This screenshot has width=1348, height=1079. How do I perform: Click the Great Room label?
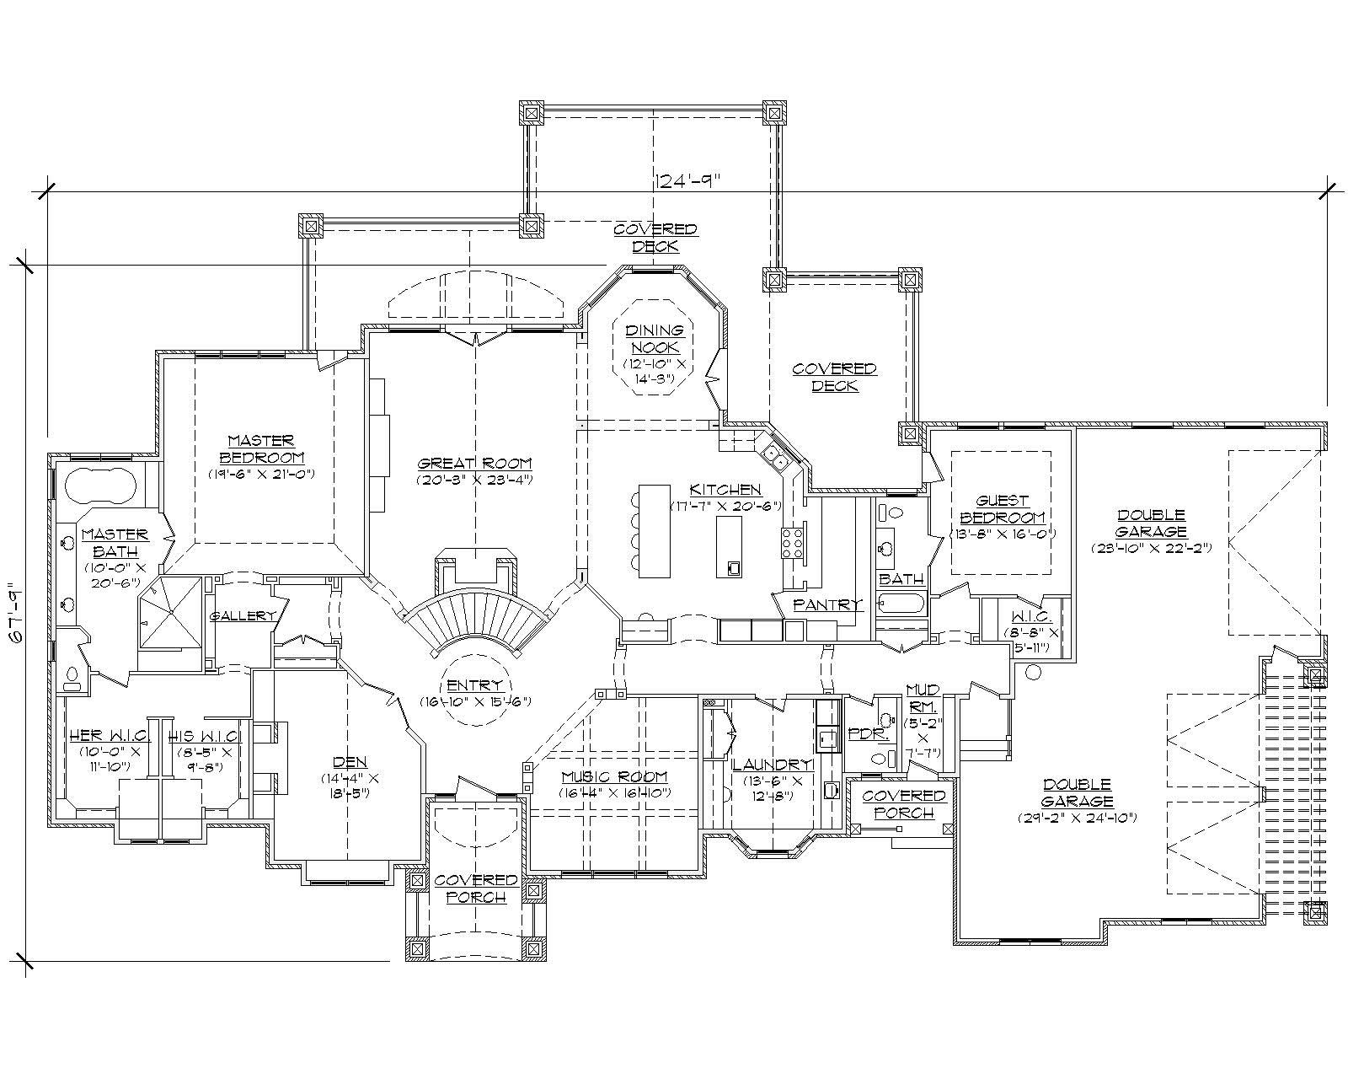pos(475,463)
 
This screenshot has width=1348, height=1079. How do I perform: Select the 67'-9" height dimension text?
pos(13,613)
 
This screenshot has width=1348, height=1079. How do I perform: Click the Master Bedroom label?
pos(261,448)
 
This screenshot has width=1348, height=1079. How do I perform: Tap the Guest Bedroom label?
pos(1003,509)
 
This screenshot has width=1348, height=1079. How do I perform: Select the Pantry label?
pos(828,604)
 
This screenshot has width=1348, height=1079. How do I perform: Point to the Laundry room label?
pos(772,765)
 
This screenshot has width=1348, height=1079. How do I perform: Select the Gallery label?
pos(243,616)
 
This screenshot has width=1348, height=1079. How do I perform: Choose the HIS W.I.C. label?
pos(202,736)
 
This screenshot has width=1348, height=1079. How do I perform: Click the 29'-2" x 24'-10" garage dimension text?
pos(1077,817)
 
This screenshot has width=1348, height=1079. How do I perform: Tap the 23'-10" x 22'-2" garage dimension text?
pos(1151,547)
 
